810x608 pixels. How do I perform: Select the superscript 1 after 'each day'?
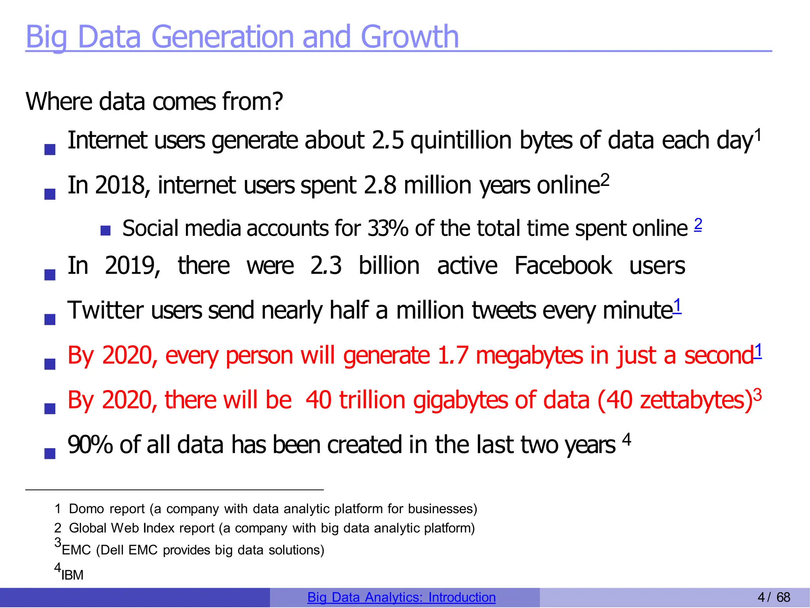(x=758, y=135)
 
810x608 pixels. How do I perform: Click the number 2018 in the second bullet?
(x=120, y=185)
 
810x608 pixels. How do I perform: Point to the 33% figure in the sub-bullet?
(x=387, y=229)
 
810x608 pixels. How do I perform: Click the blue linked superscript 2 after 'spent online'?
(x=698, y=224)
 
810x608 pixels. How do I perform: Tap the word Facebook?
(x=563, y=265)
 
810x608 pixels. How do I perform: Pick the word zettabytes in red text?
(x=694, y=400)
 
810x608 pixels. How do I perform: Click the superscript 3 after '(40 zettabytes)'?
(x=757, y=395)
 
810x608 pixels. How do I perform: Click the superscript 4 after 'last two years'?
(x=626, y=439)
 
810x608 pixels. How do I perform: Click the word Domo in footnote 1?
(x=87, y=509)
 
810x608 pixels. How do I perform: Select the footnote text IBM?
(x=72, y=575)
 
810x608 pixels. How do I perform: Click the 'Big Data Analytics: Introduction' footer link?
(x=401, y=597)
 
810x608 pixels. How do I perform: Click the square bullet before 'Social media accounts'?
(x=105, y=230)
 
